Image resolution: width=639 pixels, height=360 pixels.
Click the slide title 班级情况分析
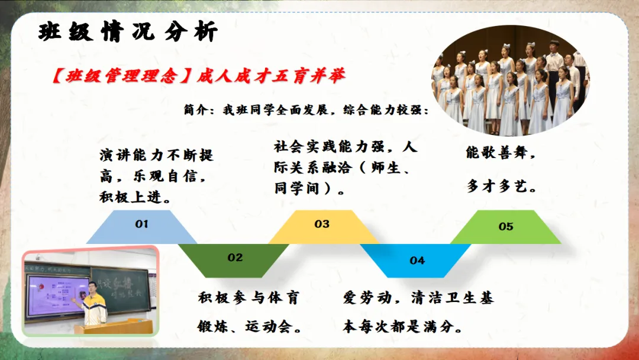128,32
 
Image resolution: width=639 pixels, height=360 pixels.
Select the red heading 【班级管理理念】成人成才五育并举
198,76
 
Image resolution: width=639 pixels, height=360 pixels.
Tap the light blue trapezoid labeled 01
142,227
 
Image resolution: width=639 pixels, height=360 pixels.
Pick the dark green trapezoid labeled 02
234,261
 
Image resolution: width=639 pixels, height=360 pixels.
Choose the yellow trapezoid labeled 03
323,227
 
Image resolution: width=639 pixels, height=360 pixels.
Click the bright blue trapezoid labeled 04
416,261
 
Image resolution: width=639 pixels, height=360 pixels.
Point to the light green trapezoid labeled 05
506,227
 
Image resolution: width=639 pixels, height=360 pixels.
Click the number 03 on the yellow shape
322,224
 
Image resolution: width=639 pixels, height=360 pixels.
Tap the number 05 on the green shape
506,226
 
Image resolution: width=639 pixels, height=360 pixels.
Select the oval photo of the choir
510,81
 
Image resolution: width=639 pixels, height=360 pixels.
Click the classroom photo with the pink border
90,291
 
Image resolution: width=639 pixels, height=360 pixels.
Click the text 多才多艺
502,187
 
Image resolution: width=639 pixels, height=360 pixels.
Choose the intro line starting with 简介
306,110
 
